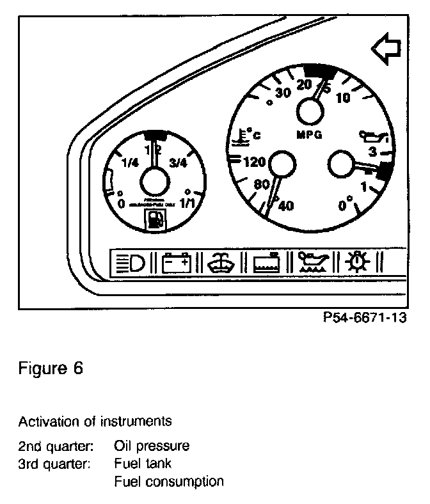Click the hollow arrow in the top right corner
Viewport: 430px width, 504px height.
pyautogui.click(x=386, y=51)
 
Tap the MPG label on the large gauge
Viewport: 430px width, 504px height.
pyautogui.click(x=310, y=135)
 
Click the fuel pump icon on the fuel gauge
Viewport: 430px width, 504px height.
pyautogui.click(x=155, y=219)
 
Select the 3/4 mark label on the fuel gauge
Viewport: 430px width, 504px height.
pyautogui.click(x=179, y=162)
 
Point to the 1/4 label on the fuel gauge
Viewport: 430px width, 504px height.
pyautogui.click(x=129, y=162)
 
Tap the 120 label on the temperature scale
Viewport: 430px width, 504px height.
pyautogui.click(x=255, y=162)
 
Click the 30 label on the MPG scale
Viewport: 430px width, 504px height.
pyautogui.click(x=282, y=92)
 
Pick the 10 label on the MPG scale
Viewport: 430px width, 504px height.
pyautogui.click(x=343, y=97)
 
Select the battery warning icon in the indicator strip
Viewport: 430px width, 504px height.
pyautogui.click(x=176, y=263)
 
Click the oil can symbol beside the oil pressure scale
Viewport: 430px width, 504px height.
pyautogui.click(x=373, y=136)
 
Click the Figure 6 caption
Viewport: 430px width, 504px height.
pyautogui.click(x=51, y=369)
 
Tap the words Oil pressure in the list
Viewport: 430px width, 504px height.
pyautogui.click(x=152, y=445)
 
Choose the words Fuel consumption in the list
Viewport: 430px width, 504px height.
pyautogui.click(x=169, y=481)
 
